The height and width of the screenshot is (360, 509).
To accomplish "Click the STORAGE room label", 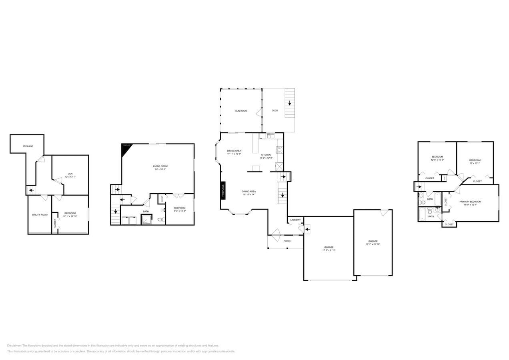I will coord(28,146).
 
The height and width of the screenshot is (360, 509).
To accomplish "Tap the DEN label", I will coord(70,174).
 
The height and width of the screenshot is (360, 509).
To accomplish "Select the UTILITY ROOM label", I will coord(40,215).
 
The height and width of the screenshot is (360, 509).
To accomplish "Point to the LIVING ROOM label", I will coord(160,166).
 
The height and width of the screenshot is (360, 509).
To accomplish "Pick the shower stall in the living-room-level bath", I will coord(146,220).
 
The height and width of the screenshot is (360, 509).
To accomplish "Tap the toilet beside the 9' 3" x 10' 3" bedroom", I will coord(161,219).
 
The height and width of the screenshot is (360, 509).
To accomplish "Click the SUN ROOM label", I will coord(241,110).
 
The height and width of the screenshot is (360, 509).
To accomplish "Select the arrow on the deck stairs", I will coord(289,103).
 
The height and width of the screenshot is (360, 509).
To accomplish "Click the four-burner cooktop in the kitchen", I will coord(280,150).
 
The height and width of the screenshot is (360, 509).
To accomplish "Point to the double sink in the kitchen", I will coord(271,136).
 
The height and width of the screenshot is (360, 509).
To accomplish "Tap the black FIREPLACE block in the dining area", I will coord(223,190).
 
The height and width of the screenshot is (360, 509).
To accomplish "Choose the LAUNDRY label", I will coord(295,220).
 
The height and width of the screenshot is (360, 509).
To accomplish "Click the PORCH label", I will coord(287,241).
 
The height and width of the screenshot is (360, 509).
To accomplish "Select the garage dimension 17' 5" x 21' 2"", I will coord(329,250).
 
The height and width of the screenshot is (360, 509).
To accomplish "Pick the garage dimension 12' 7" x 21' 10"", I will coord(373,244).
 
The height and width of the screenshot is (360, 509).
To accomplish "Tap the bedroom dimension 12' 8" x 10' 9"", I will coord(437,160).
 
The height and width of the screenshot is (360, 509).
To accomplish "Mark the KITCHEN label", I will coord(266,154).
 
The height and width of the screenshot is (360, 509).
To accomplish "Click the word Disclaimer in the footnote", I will coord(14,346).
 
